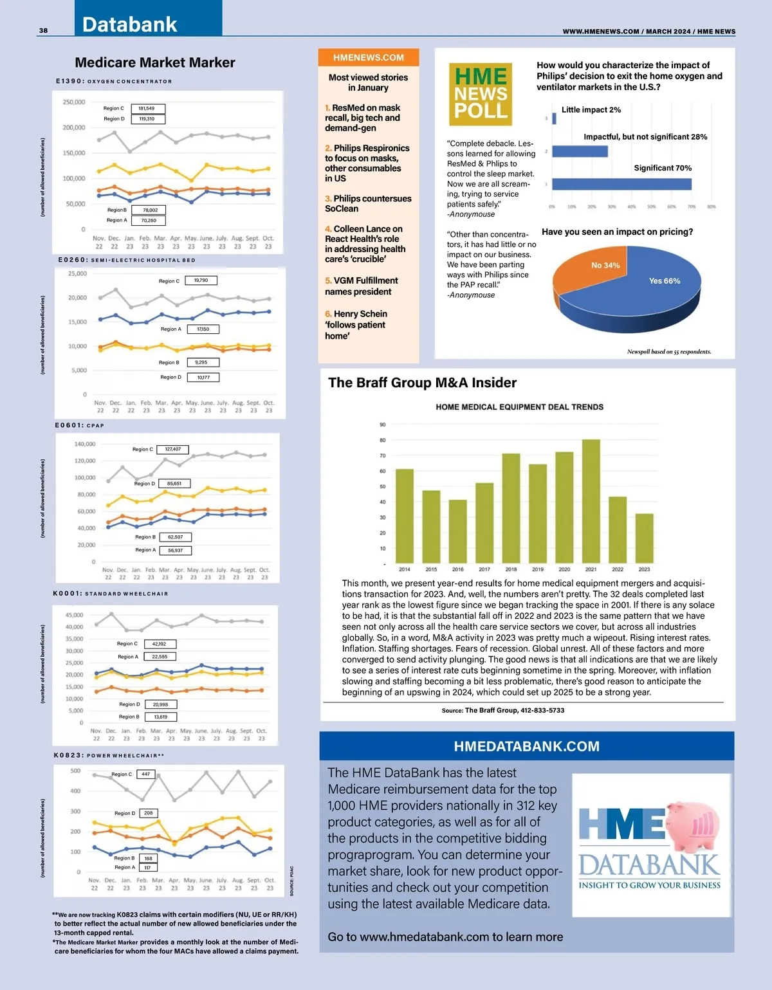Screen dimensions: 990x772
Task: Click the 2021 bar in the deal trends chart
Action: [x=591, y=502]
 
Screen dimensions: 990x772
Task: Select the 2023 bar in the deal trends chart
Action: [x=644, y=538]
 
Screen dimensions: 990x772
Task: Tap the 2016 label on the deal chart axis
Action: [x=457, y=569]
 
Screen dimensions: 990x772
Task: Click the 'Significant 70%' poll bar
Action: [x=621, y=184]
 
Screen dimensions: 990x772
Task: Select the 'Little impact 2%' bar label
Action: [x=591, y=110]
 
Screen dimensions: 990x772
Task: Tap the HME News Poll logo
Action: [x=481, y=94]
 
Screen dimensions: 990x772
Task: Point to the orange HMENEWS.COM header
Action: [x=369, y=57]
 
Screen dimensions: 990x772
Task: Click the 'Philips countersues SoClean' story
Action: [x=368, y=203]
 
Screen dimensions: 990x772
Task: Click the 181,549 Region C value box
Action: [x=147, y=108]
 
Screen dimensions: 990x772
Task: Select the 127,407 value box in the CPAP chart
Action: [x=172, y=449]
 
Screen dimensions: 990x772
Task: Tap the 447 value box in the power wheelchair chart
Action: [x=146, y=774]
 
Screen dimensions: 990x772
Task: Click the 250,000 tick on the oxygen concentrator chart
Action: [x=74, y=102]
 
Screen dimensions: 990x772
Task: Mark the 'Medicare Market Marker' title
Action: [x=155, y=62]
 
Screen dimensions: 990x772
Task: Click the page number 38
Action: [x=43, y=30]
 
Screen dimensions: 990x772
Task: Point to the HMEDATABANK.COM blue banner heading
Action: [x=526, y=746]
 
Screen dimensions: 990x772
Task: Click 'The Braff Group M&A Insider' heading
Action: [x=422, y=383]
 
